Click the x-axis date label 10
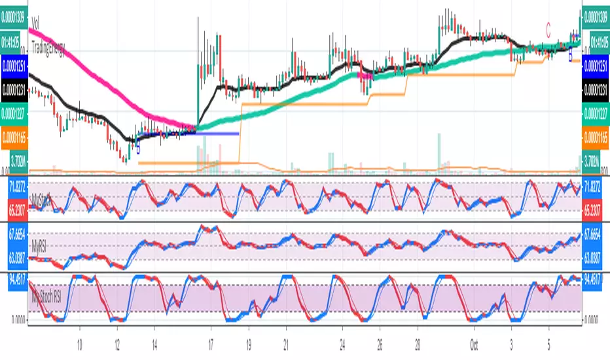81,342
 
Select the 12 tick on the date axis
117,342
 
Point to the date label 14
154,342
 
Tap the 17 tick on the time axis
211,342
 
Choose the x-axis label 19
248,342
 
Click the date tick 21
286,342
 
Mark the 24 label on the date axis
342,342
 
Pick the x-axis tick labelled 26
380,342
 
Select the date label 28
418,342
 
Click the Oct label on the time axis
475,342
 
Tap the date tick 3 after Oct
512,342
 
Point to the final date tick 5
550,342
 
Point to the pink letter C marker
548,27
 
